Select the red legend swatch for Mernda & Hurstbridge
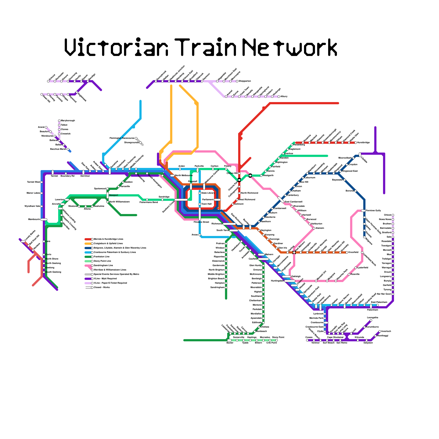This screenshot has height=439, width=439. click(88, 239)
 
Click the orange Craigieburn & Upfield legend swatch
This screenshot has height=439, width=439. click(88, 244)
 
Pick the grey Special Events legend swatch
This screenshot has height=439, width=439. click(88, 274)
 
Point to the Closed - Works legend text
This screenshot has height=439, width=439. click(102, 287)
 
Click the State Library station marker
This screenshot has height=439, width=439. click(200, 193)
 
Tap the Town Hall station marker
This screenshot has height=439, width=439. click(200, 204)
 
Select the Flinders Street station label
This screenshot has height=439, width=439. click(201, 222)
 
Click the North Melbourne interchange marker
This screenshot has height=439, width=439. click(172, 176)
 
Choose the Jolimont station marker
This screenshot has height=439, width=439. click(233, 204)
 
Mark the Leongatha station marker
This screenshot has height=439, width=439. click(371, 320)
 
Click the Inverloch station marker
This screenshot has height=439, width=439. click(380, 331)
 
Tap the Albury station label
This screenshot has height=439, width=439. click(284, 97)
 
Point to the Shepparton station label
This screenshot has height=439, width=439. click(244, 81)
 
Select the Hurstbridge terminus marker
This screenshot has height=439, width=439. click(356, 143)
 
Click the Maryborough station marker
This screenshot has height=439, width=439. click(59, 121)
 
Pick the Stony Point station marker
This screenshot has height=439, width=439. click(277, 340)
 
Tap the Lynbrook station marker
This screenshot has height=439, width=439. click(325, 314)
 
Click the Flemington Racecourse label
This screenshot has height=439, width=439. click(122, 138)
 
